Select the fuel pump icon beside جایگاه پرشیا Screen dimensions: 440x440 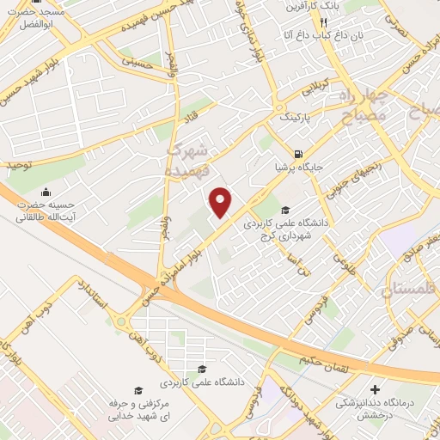coord(297,154)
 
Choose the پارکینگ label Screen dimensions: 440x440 coord(284,113)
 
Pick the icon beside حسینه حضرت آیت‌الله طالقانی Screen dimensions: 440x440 coord(45,191)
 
